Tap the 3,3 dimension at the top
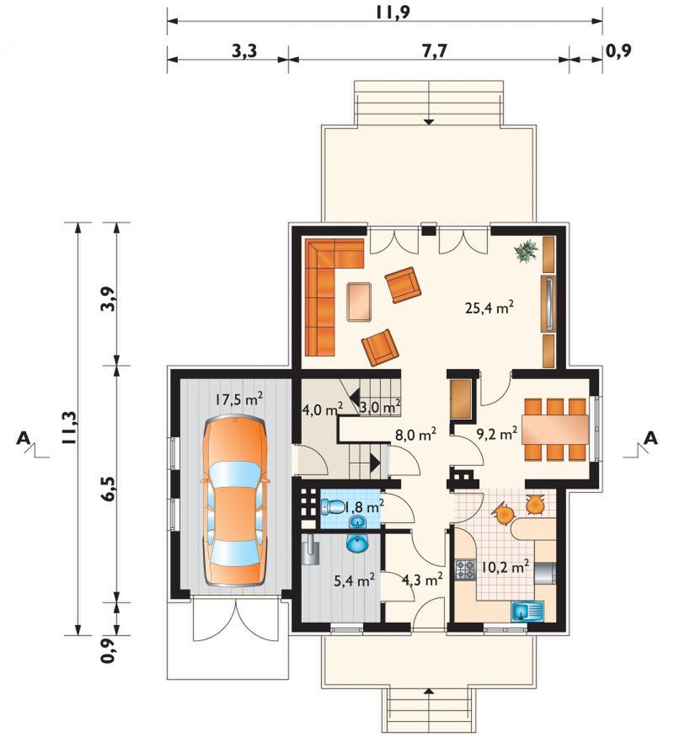click(x=245, y=51)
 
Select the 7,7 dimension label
click(x=434, y=51)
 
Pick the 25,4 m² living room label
click(x=489, y=307)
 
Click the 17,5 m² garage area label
click(x=239, y=399)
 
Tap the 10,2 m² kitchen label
click(x=505, y=567)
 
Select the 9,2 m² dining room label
click(x=498, y=433)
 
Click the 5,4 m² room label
click(x=355, y=580)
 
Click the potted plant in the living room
click(x=527, y=250)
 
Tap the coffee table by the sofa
click(x=359, y=302)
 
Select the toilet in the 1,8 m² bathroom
click(x=332, y=507)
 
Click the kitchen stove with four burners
click(x=466, y=570)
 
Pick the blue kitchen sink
click(x=527, y=611)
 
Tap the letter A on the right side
click(x=650, y=438)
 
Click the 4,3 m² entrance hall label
click(x=422, y=579)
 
